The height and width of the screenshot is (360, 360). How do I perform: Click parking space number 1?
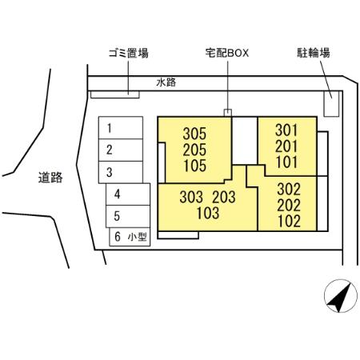(121, 128)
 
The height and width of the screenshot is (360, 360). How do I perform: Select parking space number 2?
(121, 150)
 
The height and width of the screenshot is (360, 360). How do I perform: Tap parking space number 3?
(121, 172)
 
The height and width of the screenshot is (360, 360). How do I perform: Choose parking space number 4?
(128, 194)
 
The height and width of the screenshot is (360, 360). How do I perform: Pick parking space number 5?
(128, 216)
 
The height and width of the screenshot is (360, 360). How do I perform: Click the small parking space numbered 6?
(130, 237)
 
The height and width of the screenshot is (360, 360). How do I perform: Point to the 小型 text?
(138, 237)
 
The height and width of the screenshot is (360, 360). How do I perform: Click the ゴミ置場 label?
(129, 53)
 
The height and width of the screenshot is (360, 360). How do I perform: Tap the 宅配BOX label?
(227, 53)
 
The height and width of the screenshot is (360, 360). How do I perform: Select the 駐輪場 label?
(314, 53)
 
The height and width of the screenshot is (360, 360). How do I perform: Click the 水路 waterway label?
(166, 82)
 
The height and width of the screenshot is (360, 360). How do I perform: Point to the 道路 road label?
(50, 178)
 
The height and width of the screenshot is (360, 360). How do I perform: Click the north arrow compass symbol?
(341, 296)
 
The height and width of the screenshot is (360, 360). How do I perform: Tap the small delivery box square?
(228, 113)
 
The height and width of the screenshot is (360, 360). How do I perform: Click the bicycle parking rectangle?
(331, 104)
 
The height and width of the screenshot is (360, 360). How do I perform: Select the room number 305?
(194, 134)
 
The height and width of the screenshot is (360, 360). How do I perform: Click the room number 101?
(286, 162)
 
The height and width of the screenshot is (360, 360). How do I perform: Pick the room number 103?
(208, 213)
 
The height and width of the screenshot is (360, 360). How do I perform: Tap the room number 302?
(289, 189)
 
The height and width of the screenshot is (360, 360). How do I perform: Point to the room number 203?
(224, 198)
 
